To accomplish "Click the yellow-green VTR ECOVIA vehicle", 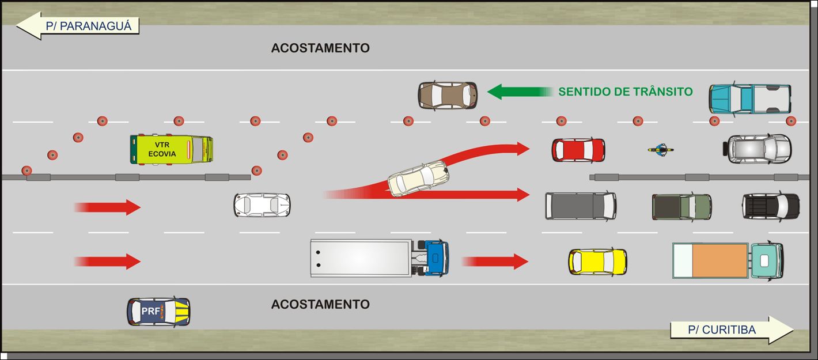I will click(x=171, y=150).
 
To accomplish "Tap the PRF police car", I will click(x=158, y=312).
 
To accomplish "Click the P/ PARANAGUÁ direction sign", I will click(x=78, y=26).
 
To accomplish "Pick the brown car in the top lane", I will click(x=448, y=96).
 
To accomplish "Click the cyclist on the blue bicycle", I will click(x=661, y=150).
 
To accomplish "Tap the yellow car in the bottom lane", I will click(x=597, y=262).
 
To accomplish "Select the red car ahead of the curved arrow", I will click(x=578, y=150).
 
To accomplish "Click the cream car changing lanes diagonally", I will click(x=418, y=179).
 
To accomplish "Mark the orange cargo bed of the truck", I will click(x=719, y=260).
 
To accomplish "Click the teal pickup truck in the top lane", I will click(x=749, y=98).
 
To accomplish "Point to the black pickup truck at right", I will click(x=771, y=206).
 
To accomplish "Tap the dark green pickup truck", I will click(x=681, y=207).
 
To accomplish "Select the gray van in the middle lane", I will click(x=581, y=206).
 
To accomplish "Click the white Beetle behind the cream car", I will click(x=262, y=205).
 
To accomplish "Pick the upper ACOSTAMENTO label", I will click(x=320, y=48).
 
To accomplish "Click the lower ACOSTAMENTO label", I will click(x=320, y=304).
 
